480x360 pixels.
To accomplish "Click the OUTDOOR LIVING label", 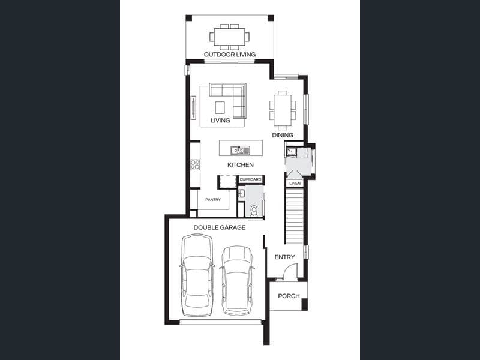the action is pyautogui.click(x=230, y=55).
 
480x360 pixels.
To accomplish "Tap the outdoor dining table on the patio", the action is pyautogui.click(x=230, y=37).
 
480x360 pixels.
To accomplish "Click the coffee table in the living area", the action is pyautogui.click(x=220, y=107).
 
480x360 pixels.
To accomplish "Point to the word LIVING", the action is pyautogui.click(x=220, y=121).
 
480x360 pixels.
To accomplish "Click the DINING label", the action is pyautogui.click(x=283, y=135).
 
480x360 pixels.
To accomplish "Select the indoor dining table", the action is pyautogui.click(x=283, y=110).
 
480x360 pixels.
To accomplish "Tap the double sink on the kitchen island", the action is pyautogui.click(x=240, y=150).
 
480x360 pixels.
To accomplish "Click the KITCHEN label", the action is pyautogui.click(x=241, y=165).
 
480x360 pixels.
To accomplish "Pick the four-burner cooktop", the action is pyautogui.click(x=195, y=164).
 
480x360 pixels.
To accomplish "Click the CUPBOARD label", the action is pyautogui.click(x=250, y=179).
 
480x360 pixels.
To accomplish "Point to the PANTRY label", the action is pyautogui.click(x=213, y=200).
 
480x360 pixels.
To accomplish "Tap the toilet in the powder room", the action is pyautogui.click(x=254, y=211).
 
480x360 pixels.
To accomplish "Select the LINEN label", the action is pyautogui.click(x=295, y=184).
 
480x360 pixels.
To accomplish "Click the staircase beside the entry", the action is pyautogui.click(x=295, y=216).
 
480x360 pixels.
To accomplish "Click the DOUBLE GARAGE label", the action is pyautogui.click(x=220, y=227).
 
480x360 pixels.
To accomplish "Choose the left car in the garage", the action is pyautogui.click(x=197, y=275).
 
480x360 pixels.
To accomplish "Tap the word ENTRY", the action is pyautogui.click(x=284, y=257).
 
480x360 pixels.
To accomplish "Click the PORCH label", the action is pyautogui.click(x=289, y=296).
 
